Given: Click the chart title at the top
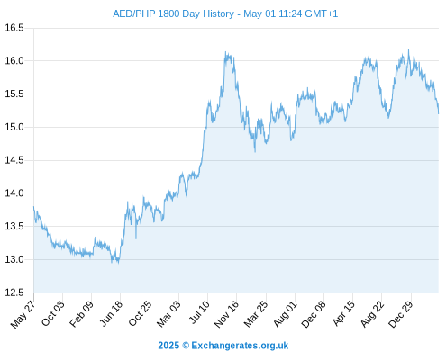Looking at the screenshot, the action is click(x=225, y=13).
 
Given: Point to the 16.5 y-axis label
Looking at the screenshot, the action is click(x=14, y=28).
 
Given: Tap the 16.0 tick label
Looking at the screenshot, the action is click(x=14, y=61).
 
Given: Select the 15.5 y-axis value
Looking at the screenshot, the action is click(x=14, y=94).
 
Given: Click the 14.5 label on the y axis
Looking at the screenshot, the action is click(x=14, y=160).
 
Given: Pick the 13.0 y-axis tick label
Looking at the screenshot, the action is click(x=14, y=259).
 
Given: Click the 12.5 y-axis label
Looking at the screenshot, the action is click(x=14, y=292).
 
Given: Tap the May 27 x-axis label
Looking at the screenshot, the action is click(x=23, y=314).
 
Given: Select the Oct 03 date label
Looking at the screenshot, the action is click(x=53, y=313).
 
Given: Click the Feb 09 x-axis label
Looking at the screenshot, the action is click(x=81, y=314).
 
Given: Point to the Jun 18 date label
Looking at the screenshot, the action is click(x=111, y=313).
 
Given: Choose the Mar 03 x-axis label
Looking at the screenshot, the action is click(x=168, y=314).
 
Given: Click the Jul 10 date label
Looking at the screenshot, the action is click(x=199, y=312).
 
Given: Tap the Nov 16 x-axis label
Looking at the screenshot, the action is click(x=226, y=314).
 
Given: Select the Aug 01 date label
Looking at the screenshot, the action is click(x=285, y=314).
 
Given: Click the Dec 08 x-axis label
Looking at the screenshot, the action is click(x=314, y=314).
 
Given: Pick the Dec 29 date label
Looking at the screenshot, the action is click(x=401, y=314).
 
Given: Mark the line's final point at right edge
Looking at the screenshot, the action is click(x=439, y=113).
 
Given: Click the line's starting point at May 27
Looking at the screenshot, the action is click(x=33, y=207).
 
